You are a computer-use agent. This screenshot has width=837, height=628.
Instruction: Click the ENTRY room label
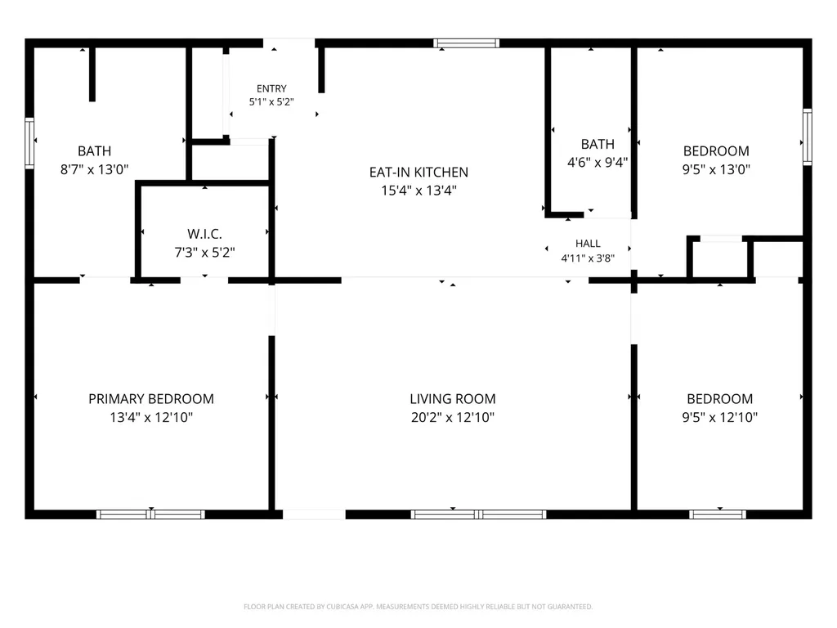coord(271,88)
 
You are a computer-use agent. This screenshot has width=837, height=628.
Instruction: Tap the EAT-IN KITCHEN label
coord(418,173)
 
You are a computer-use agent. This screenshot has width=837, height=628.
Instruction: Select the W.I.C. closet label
coord(204,234)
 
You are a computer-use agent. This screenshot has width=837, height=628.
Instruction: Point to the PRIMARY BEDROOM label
coord(151,399)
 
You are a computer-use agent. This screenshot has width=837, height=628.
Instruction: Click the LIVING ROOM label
coord(453,399)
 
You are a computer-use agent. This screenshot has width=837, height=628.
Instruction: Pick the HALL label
coord(588,244)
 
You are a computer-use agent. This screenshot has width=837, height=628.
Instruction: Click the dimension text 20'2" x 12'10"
coord(453,417)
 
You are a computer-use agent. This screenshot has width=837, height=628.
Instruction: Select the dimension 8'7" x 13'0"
coord(95,169)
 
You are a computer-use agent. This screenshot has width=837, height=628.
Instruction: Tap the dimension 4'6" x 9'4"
coord(598,163)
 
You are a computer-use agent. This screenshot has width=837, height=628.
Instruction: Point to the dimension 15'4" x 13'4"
coord(418,191)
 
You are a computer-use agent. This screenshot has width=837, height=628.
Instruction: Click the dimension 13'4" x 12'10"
coord(151,417)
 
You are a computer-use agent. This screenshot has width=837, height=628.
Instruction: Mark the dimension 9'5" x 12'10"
coord(719,417)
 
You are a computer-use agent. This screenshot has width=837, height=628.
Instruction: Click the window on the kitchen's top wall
coord(466,43)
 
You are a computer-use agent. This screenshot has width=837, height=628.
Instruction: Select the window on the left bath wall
coord(29,143)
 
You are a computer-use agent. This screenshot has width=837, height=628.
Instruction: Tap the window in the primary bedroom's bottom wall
coord(150,514)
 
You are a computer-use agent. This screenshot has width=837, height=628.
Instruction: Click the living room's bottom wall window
coord(478,514)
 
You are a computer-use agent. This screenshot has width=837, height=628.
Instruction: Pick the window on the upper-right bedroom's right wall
coord(808,137)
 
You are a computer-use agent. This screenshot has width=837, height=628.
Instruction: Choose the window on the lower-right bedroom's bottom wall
coord(718,514)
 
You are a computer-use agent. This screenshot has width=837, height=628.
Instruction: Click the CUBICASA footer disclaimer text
coord(418,607)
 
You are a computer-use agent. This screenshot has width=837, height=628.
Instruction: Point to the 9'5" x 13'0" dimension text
coord(716,169)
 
